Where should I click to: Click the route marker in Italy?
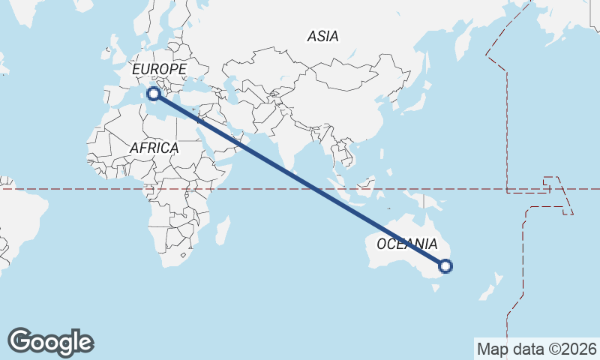153,94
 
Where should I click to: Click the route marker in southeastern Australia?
445,265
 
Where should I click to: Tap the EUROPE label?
159,70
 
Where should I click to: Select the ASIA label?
322,36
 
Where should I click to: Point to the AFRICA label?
154,148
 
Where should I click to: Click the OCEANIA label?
406,244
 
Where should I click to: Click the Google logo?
50,341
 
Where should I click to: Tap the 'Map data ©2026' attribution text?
536,349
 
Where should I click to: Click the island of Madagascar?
223,229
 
